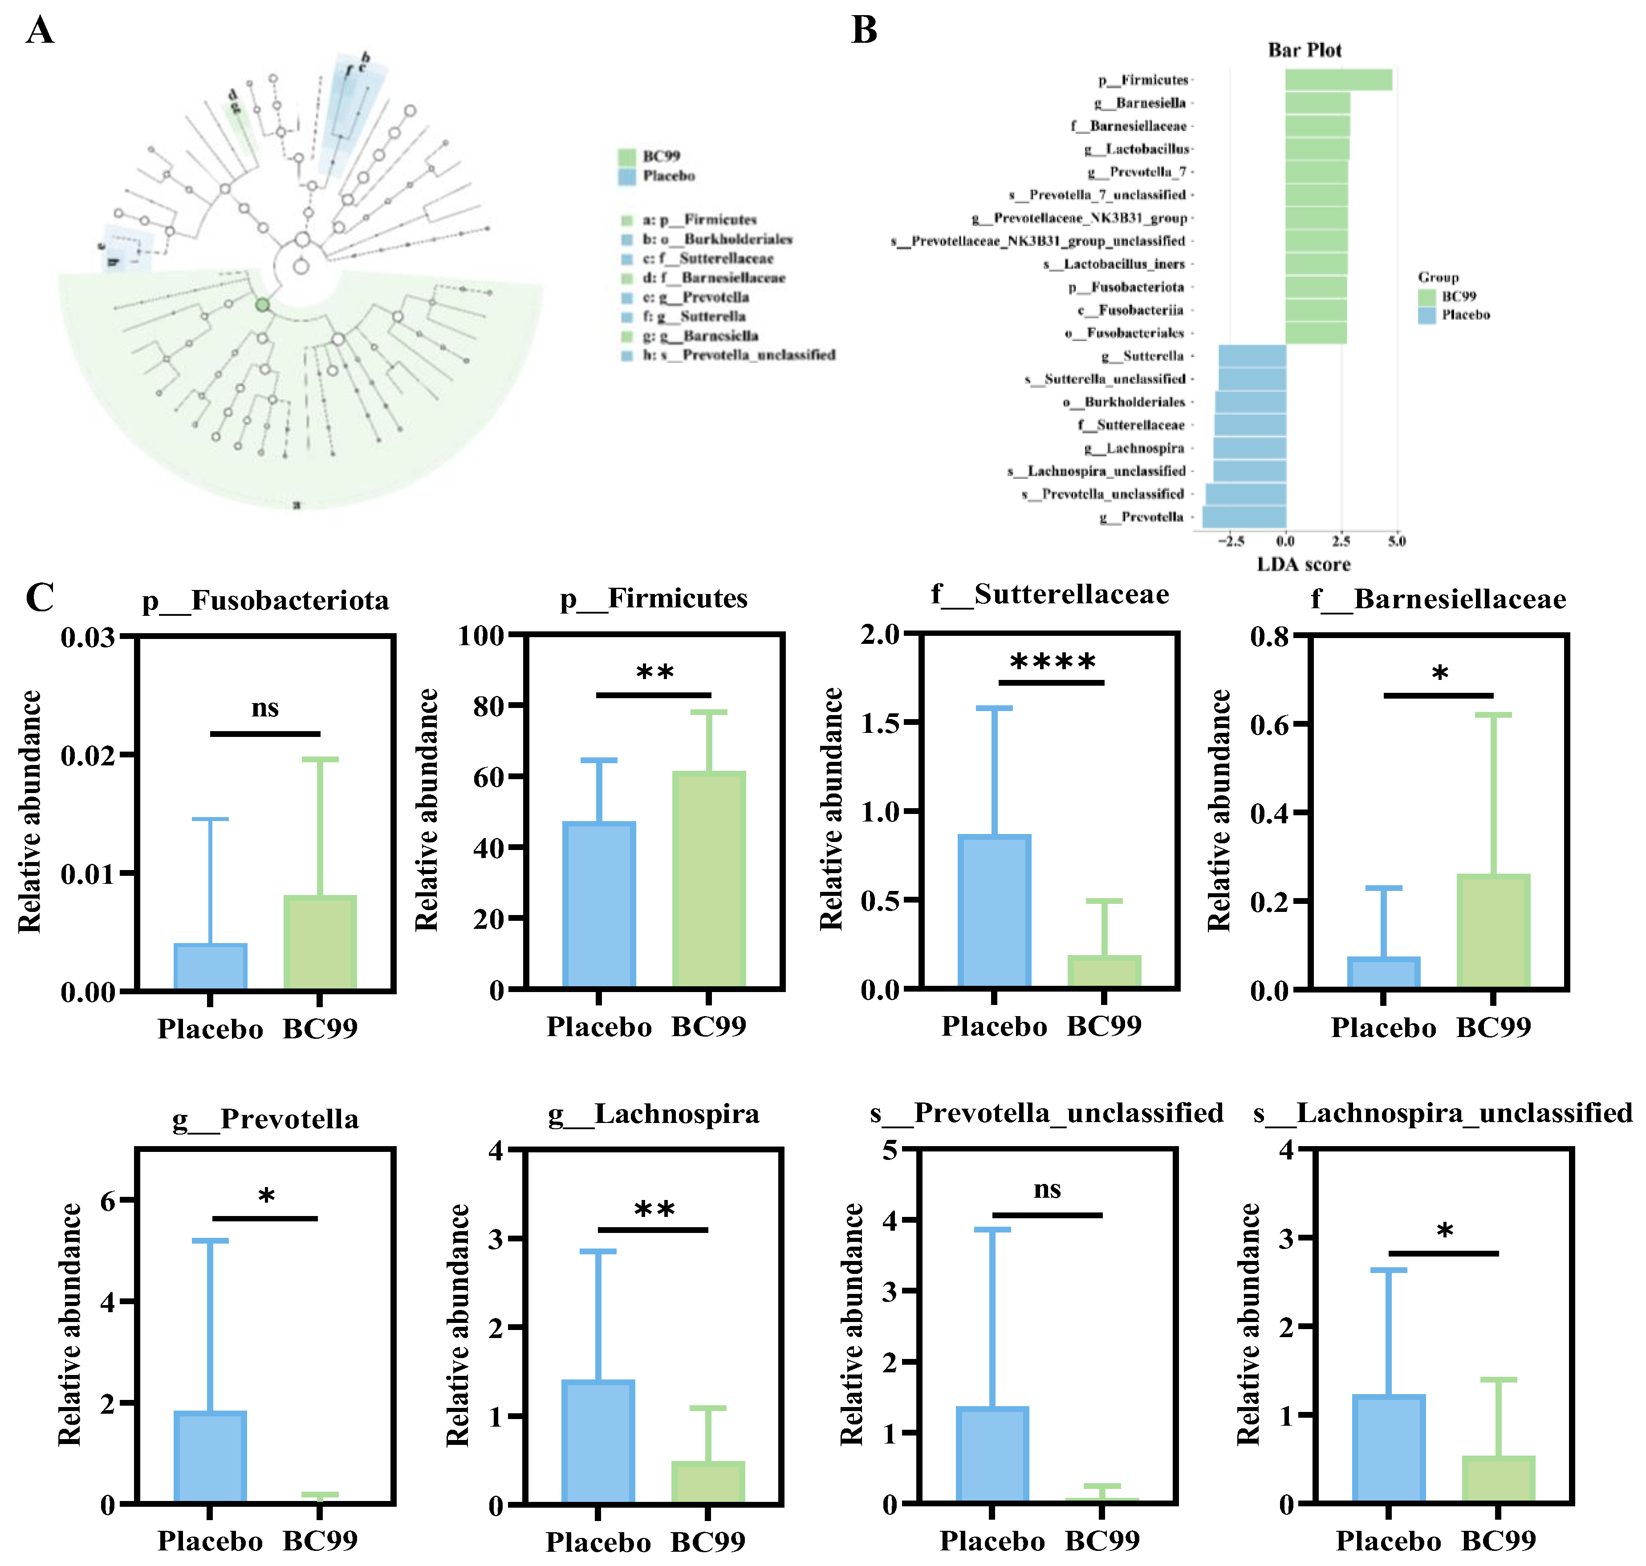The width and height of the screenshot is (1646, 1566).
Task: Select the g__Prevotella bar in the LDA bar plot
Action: (x=1244, y=517)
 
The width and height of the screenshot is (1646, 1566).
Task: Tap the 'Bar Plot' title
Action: (x=1304, y=50)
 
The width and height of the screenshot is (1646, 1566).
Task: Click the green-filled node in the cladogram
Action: (x=263, y=305)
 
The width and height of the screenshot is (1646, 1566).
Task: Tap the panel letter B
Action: (x=864, y=31)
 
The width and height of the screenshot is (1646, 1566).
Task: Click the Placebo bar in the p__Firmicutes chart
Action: (x=599, y=906)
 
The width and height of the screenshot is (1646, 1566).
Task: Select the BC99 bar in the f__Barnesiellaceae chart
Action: (x=1493, y=932)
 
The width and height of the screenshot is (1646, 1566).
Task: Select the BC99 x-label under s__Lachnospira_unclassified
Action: (x=1498, y=1541)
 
